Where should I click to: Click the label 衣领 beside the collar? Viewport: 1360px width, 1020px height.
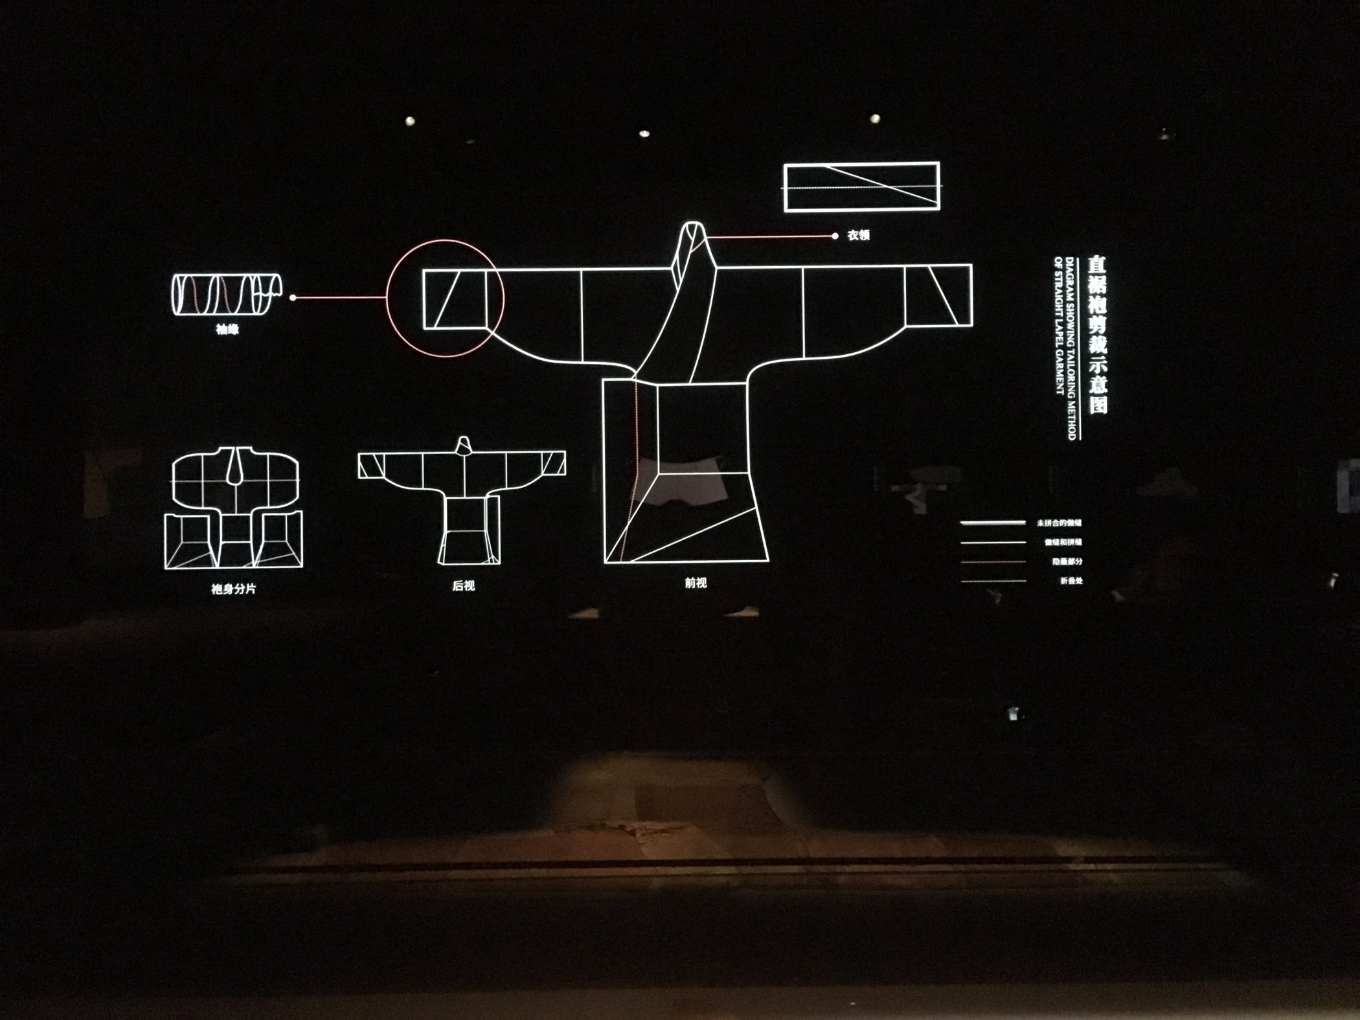(x=858, y=236)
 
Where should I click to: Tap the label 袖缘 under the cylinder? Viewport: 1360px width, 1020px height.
(x=227, y=330)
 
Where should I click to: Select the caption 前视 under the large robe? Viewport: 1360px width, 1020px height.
(x=696, y=583)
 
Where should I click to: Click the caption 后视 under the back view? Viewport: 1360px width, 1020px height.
(x=464, y=585)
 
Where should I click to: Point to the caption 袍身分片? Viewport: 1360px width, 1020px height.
(x=233, y=589)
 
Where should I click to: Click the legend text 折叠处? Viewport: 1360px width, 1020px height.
(x=1071, y=581)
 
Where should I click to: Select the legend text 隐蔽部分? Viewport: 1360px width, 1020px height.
(x=1067, y=561)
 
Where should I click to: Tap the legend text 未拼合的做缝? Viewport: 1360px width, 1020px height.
(x=1059, y=523)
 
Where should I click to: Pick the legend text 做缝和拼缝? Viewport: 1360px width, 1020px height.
(x=1063, y=542)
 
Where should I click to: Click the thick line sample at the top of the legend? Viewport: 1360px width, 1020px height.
(x=993, y=523)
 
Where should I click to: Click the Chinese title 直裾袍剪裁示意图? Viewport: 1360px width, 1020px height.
(x=1097, y=334)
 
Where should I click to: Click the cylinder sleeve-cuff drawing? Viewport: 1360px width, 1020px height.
(x=225, y=295)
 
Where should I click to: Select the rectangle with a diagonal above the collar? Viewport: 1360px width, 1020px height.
(x=861, y=187)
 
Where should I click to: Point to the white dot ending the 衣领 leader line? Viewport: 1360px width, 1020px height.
(x=835, y=236)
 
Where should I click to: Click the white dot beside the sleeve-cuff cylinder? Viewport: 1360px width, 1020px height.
(x=293, y=298)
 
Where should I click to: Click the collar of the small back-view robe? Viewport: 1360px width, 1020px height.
(x=464, y=445)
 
